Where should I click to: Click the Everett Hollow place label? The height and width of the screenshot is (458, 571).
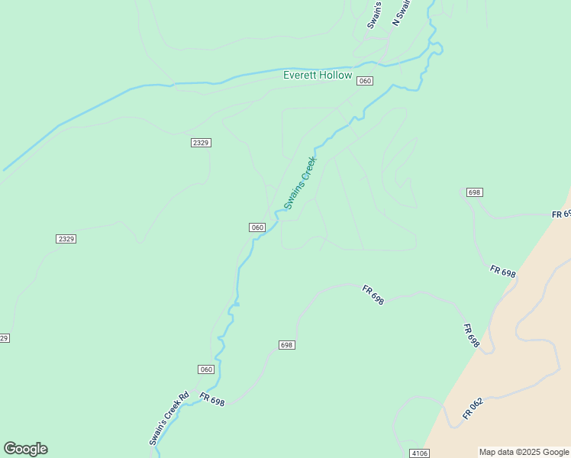[318, 76]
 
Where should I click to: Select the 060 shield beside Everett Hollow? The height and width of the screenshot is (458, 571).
[365, 81]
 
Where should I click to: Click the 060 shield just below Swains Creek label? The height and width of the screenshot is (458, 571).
[256, 227]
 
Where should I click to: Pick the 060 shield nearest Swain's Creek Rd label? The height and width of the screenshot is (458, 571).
[206, 369]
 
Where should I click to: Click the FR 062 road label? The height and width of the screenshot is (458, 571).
[473, 409]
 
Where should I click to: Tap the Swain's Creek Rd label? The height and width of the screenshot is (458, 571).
[169, 419]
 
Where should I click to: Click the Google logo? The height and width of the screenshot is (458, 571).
[25, 449]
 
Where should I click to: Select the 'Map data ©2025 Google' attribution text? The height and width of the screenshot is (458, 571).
[524, 452]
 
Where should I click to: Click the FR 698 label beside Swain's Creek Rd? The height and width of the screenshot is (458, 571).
[213, 399]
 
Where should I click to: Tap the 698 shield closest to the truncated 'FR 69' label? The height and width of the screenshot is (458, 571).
[474, 192]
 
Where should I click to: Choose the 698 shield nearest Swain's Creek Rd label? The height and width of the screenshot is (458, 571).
[286, 345]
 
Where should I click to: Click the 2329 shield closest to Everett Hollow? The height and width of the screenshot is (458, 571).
[201, 143]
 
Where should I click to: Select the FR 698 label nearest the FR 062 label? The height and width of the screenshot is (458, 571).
[471, 336]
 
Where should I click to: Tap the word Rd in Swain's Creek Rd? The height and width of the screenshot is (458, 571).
[182, 399]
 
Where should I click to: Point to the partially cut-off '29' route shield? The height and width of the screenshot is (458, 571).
[4, 338]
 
